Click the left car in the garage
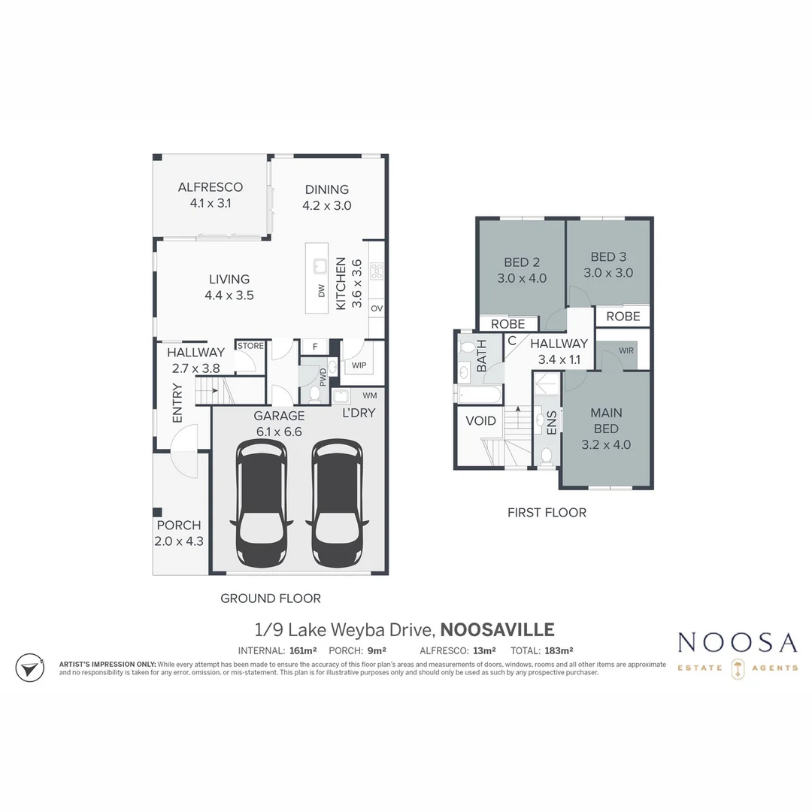click(261, 504)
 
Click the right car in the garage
click(338, 504)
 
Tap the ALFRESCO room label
click(210, 188)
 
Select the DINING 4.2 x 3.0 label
click(327, 197)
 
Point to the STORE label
click(250, 346)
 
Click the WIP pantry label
click(359, 365)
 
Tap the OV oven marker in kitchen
click(377, 309)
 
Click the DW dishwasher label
click(322, 291)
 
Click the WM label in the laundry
click(370, 395)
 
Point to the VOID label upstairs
click(481, 421)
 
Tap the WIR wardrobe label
click(626, 351)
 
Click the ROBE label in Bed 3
click(623, 317)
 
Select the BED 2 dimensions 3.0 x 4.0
click(521, 278)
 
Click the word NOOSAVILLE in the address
click(496, 630)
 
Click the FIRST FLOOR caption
click(547, 513)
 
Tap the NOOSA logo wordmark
click(737, 643)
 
